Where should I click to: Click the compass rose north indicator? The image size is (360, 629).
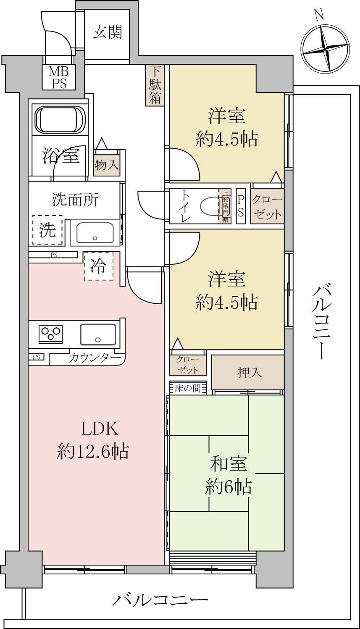click(325, 48)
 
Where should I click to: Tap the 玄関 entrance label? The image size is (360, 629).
click(108, 32)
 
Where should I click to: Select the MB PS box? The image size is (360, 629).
click(59, 77)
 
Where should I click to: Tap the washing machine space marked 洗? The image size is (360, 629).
click(47, 230)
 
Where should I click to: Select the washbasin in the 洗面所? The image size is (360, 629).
click(95, 232)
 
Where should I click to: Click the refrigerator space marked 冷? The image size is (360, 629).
click(99, 266)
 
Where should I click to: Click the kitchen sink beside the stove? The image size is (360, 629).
click(98, 334)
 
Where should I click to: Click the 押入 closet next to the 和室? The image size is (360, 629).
click(247, 372)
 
